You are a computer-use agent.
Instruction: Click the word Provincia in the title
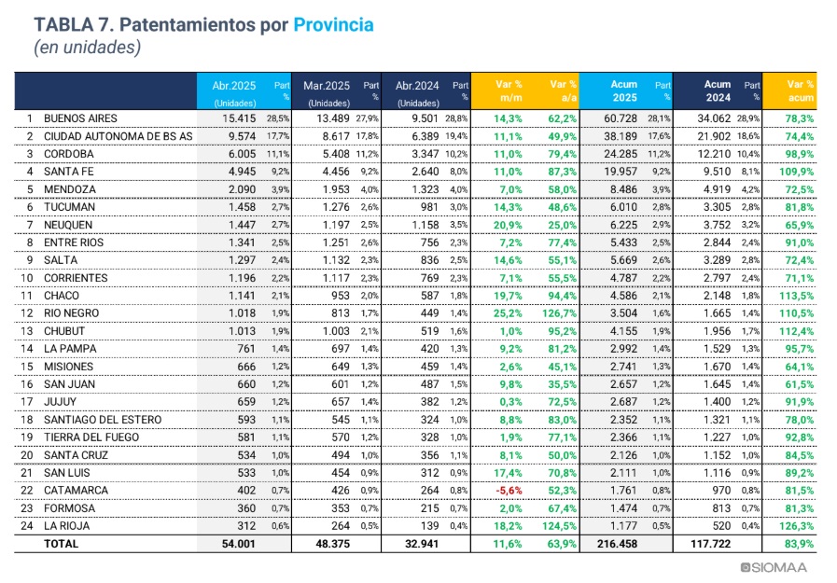point(333,25)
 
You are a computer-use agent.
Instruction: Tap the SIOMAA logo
point(774,567)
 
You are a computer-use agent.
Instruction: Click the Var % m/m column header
point(509,91)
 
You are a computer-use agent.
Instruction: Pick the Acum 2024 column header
point(718,91)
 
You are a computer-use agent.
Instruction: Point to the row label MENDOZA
point(70,189)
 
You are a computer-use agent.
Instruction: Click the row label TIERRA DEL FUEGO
point(91,437)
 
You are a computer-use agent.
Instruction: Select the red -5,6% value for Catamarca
point(509,491)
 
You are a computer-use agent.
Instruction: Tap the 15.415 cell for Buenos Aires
point(239,118)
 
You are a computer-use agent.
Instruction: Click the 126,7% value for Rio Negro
point(560,313)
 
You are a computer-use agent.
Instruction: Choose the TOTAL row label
point(61,544)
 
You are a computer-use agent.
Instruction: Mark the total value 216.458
point(617,544)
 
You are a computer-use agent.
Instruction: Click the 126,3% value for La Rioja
point(797,526)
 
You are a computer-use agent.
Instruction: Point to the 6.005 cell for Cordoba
point(242,154)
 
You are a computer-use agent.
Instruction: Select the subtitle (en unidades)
point(87,48)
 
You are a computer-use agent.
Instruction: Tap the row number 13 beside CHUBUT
point(27,331)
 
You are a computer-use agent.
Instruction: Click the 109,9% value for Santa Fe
point(797,172)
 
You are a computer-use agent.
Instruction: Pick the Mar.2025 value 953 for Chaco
point(340,296)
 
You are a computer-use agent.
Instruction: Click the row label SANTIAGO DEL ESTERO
point(103,420)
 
